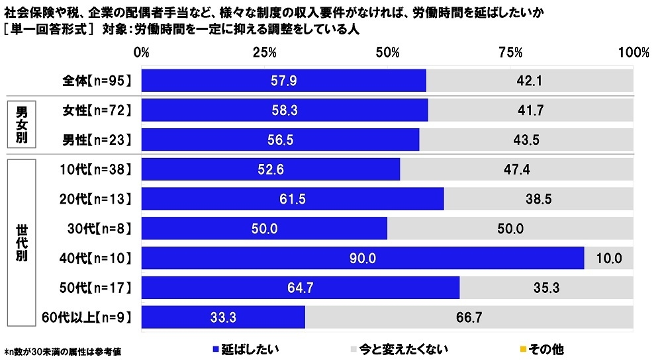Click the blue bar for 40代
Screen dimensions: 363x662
(362, 258)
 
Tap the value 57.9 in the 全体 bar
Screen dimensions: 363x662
(283, 81)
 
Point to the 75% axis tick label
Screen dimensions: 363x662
(510, 52)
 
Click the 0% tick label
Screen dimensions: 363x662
(141, 52)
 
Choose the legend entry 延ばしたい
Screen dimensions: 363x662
(244, 348)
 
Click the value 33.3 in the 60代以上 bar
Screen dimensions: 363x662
(223, 318)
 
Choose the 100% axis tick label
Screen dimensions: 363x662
(634, 52)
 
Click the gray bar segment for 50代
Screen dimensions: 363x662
(546, 288)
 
